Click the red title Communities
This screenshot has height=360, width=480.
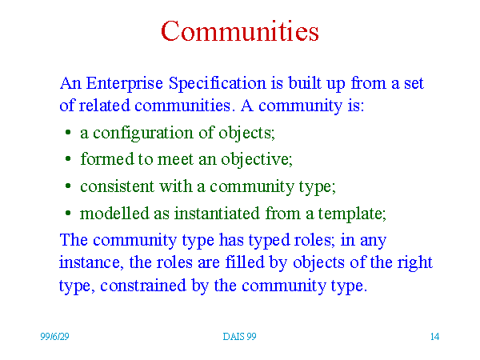tap(240, 30)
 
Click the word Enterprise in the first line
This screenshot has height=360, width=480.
tap(124, 83)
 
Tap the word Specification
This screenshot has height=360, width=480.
tap(217, 83)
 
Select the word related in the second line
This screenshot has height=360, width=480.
tap(104, 106)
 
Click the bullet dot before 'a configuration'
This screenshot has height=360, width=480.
tap(68, 133)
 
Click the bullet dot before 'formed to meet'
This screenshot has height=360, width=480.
tap(68, 159)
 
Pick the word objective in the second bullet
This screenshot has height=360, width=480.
tap(257, 159)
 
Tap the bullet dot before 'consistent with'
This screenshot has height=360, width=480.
tap(68, 186)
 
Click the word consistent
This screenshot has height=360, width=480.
tap(117, 186)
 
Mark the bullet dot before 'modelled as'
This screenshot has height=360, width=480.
tap(68, 213)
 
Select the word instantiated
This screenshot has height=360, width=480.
tap(217, 213)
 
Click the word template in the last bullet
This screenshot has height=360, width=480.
tap(352, 214)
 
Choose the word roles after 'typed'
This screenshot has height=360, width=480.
tap(313, 240)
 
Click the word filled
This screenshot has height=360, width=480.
tap(245, 262)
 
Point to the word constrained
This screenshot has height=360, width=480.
tap(143, 286)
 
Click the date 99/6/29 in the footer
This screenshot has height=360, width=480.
tap(54, 337)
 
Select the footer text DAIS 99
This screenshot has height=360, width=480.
tap(239, 337)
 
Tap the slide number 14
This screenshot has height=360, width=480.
tap(434, 337)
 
